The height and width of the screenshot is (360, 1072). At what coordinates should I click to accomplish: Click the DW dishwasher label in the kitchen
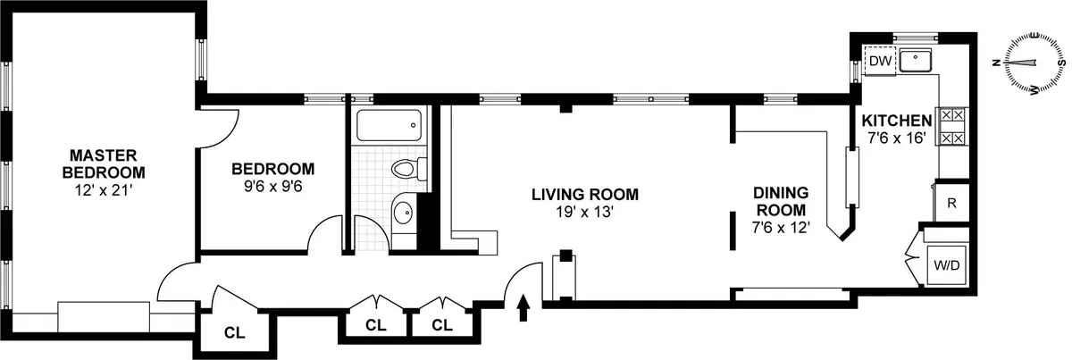880,61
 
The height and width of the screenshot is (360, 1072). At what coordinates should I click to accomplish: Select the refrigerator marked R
951,202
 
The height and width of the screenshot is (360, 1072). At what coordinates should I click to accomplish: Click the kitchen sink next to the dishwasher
916,61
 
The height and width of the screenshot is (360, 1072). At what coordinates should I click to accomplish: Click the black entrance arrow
523,308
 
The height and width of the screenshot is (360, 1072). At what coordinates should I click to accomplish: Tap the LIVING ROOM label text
585,194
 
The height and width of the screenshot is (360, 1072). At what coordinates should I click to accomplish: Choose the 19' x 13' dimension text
585,213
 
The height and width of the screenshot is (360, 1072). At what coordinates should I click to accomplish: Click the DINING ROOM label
781,201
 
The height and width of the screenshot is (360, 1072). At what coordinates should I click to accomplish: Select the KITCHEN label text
896,121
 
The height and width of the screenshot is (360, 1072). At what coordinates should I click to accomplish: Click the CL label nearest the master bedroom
234,333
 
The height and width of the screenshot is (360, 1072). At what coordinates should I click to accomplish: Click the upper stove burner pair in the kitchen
951,115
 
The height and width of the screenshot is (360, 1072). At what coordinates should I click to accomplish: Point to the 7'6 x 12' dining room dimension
781,228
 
